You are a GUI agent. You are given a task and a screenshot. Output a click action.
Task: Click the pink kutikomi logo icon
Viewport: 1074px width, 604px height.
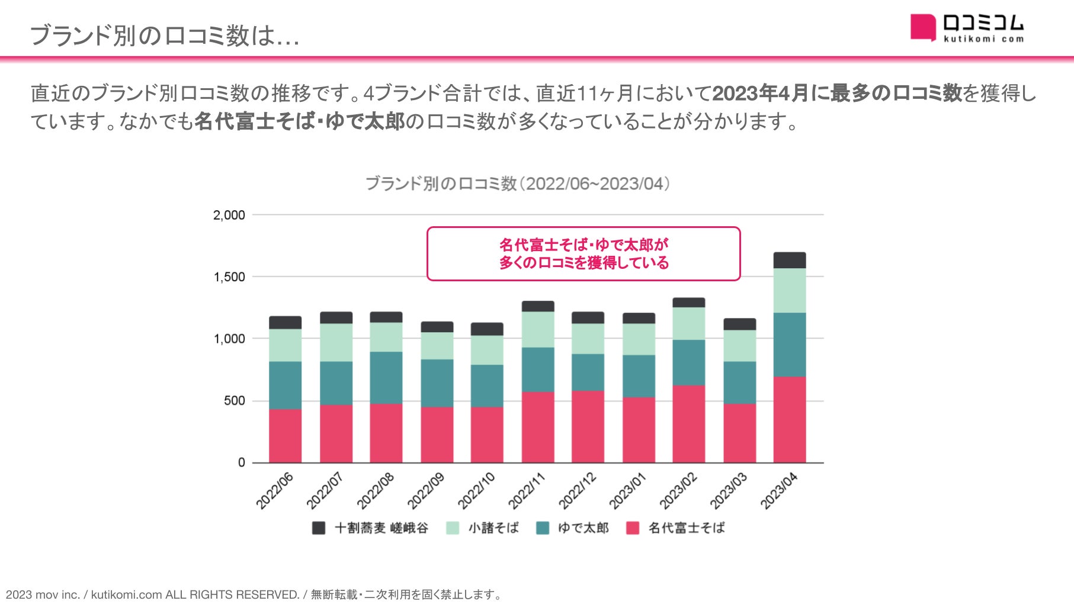point(923,27)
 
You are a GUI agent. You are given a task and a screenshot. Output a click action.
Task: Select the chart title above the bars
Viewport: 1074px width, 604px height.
point(517,184)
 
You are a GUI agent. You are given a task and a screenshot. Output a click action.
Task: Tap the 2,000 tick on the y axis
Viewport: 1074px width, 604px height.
point(229,215)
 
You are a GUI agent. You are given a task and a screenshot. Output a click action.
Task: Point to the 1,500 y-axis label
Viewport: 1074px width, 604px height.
point(229,277)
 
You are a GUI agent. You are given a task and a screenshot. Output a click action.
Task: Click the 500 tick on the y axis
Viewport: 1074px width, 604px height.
point(234,401)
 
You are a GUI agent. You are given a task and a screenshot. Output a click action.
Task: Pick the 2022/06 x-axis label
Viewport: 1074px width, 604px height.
point(275,491)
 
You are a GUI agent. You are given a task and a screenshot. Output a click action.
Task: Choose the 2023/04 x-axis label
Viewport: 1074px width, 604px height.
point(779,491)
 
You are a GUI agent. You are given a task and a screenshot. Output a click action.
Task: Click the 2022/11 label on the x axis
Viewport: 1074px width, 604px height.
point(527,491)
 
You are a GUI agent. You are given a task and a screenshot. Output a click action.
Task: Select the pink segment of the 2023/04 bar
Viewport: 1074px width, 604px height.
point(790,419)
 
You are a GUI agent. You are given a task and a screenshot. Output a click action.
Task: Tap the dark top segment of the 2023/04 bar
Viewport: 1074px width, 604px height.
point(790,261)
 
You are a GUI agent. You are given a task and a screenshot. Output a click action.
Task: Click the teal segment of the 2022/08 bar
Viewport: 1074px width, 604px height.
point(386,378)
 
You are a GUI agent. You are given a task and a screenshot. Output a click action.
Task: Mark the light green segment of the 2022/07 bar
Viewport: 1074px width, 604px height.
point(336,342)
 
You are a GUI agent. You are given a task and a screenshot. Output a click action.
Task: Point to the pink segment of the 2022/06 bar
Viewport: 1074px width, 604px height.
point(285,436)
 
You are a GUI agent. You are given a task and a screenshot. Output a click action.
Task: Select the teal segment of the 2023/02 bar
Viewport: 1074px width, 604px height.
point(689,362)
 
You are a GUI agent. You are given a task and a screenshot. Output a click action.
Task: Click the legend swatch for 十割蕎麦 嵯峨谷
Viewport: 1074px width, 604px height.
point(319,528)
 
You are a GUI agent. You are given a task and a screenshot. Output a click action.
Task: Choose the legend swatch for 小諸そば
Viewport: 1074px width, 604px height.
point(453,528)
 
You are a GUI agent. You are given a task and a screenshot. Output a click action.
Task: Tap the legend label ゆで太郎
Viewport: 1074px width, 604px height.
point(583,528)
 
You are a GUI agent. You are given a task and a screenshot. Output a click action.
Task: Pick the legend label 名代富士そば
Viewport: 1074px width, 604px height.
point(687,528)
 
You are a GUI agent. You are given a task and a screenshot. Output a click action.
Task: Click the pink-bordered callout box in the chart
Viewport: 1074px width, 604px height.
point(584,253)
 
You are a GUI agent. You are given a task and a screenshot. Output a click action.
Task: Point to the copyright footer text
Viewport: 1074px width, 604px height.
point(254,595)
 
